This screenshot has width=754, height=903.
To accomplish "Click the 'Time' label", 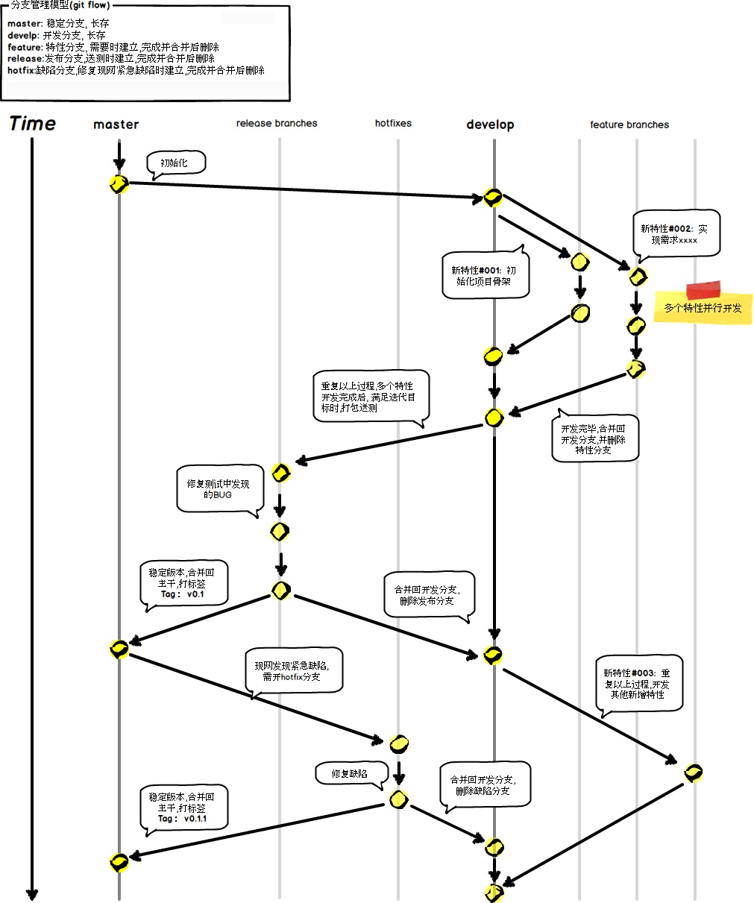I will coord(33,124).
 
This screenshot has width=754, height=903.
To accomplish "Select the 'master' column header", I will coord(116,125).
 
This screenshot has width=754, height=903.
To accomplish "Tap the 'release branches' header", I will coord(277,123).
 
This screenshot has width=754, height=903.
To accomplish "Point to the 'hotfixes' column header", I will coord(393,123).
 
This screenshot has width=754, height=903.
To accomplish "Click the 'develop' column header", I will coord(490,125).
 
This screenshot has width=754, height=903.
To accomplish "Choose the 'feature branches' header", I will coord(629,125).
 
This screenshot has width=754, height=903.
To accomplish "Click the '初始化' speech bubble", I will coord(175,163).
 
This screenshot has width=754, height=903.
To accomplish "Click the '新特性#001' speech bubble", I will coord(485,276).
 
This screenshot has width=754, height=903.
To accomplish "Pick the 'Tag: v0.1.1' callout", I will coord(183,808).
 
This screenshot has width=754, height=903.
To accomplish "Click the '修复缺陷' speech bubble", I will coord(350,774).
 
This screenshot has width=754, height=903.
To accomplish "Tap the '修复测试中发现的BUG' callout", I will coord(219,489).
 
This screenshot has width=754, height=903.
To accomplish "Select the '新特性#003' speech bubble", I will coord(638,683).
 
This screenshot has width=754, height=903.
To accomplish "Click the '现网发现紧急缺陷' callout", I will coord(294,670).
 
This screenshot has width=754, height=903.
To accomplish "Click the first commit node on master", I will coord(119,184).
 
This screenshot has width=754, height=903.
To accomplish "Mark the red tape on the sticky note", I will coord(703,290).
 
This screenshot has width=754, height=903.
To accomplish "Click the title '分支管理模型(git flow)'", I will coord(60,5).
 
